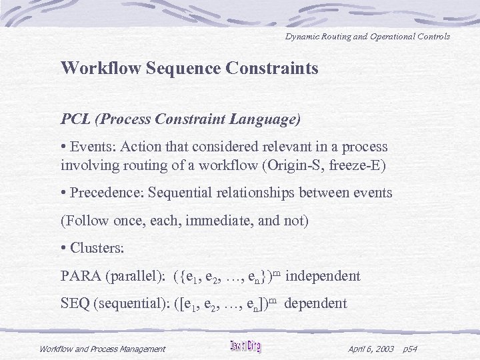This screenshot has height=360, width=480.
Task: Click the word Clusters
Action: pos(95,248)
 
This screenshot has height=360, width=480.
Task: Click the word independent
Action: pos(327,276)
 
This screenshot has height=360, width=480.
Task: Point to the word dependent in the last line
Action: pos(315,304)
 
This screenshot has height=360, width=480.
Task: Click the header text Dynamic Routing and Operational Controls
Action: pos(367,36)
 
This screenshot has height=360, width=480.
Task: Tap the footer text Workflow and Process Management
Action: pos(102,348)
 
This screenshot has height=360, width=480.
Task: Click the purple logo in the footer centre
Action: pos(245,346)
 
